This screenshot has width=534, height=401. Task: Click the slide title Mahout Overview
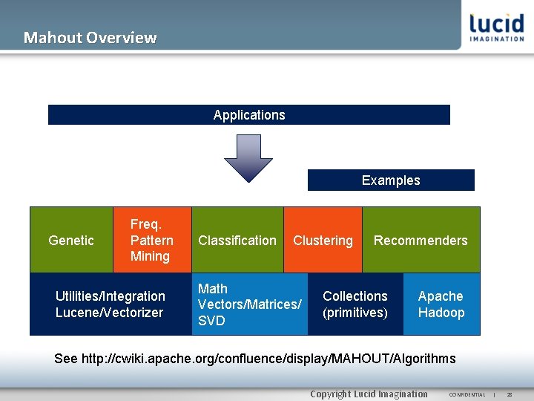click(x=90, y=37)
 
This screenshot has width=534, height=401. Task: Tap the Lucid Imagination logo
click(x=496, y=27)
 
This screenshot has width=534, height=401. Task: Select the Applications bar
click(x=248, y=115)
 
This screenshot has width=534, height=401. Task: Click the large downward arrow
click(x=248, y=157)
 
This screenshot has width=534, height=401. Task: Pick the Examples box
click(x=391, y=180)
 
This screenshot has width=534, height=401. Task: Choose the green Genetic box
click(x=70, y=240)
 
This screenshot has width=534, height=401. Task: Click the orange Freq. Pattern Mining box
click(x=151, y=240)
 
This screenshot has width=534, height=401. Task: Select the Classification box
click(x=237, y=240)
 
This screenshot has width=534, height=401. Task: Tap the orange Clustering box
click(x=323, y=240)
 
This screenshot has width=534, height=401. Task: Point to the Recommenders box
click(x=421, y=240)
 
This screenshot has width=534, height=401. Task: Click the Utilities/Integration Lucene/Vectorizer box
click(x=110, y=304)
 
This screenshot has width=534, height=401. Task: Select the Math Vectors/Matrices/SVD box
click(x=249, y=304)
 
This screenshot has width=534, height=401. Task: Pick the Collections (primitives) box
click(x=355, y=304)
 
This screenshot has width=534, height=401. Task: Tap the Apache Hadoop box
click(x=441, y=304)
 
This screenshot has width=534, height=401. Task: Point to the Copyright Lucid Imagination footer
click(x=369, y=394)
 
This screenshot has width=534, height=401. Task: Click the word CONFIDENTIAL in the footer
click(x=467, y=394)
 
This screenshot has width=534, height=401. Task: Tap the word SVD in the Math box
click(x=211, y=321)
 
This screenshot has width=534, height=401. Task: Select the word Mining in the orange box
click(x=151, y=256)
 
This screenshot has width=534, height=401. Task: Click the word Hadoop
click(x=441, y=313)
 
